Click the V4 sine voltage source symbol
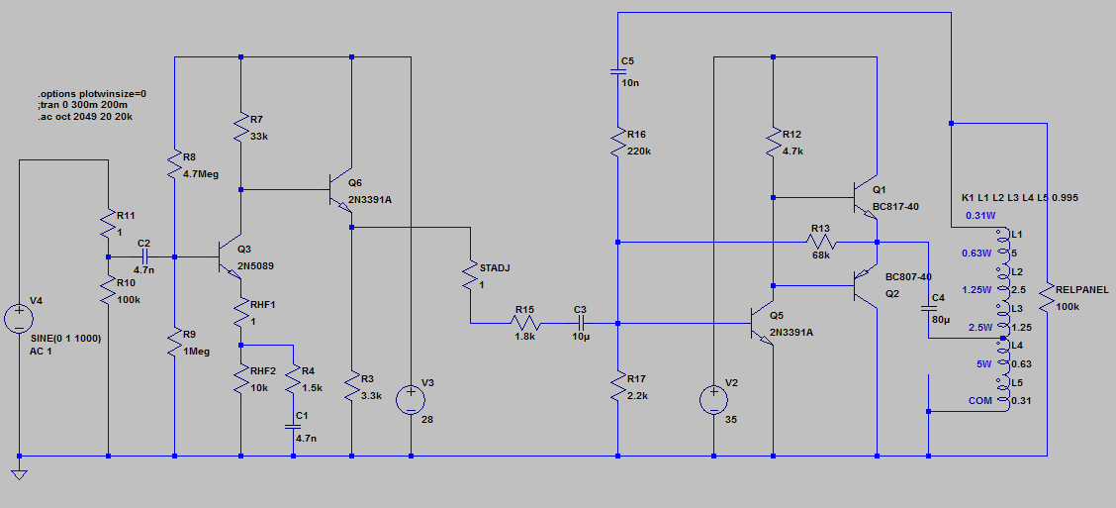pos(19,319)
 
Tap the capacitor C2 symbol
pos(142,256)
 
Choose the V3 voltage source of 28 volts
pos(411,400)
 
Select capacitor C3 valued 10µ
pos(581,323)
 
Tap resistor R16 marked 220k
pos(616,143)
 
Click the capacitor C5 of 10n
pos(616,71)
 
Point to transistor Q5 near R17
pos(763,323)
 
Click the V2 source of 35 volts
pos(713,400)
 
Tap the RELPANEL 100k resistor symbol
pos(1046,297)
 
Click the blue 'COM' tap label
pos(980,401)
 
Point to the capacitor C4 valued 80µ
pos(929,311)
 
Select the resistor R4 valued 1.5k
pos(293,378)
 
